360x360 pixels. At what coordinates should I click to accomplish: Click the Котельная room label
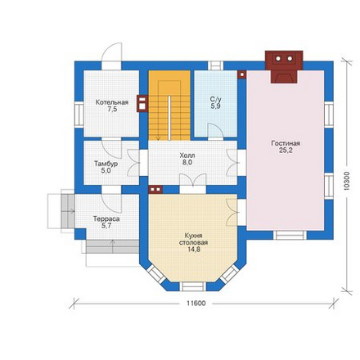pos(112,102)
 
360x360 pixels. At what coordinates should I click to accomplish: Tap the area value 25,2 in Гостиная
pos(286,151)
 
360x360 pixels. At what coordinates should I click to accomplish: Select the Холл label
pos(187,155)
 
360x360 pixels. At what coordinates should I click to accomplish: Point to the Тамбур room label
pos(106,164)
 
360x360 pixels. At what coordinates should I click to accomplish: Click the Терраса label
pos(106,219)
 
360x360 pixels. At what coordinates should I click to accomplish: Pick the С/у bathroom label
pos(215,99)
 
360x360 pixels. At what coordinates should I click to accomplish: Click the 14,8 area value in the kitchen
pos(194,250)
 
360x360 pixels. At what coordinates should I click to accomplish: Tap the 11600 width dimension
pos(196,304)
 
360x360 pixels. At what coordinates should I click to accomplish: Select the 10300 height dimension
pos(346,181)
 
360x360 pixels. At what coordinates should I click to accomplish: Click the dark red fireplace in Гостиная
pos(284,66)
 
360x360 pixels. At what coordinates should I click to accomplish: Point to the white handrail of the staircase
pos(169,118)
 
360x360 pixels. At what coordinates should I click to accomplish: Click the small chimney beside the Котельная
pos(142,103)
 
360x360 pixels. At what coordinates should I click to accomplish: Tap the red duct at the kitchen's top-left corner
pos(155,189)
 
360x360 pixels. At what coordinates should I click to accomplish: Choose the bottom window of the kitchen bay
pos(193,286)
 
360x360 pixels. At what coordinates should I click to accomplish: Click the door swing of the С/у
pos(216,131)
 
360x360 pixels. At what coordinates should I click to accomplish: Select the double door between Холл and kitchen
pos(193,180)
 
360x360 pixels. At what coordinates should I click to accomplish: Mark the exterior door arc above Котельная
pos(111,52)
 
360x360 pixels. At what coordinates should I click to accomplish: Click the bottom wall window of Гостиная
pos(290,235)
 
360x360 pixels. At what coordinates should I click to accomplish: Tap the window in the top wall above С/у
pos(216,65)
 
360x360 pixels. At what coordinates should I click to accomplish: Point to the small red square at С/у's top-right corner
pos(242,74)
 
